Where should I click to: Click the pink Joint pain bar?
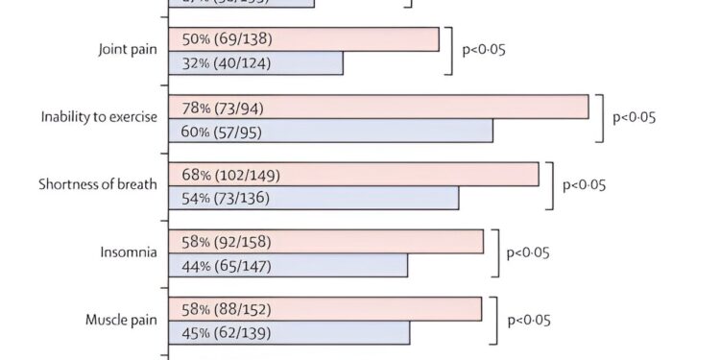coord(303,39)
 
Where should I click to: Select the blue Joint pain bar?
coord(255,63)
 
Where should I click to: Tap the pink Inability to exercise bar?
coord(378,107)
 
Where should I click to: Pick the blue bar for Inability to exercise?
coord(330,131)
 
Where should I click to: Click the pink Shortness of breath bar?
coord(353,175)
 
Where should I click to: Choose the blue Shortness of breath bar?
coord(313,198)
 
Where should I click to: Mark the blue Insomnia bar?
coord(288,265)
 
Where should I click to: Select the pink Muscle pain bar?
coord(324,309)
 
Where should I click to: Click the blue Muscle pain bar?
coord(289,333)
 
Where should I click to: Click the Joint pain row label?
coord(128,50)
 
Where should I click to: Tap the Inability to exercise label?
coord(99,117)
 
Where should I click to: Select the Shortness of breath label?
coord(97,184)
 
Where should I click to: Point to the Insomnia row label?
coord(129,252)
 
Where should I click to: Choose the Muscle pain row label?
coord(120,320)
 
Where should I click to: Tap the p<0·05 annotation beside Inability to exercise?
coord(635,117)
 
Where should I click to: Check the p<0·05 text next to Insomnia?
coord(529,252)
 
